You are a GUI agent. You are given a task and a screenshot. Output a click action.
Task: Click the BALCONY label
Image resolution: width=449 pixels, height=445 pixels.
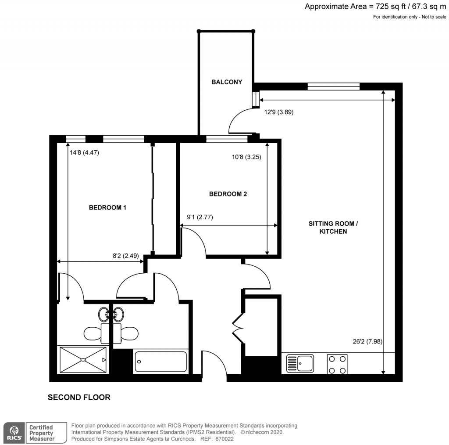click(x=226, y=82)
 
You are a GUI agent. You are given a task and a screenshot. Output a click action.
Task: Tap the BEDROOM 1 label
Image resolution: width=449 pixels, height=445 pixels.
click(x=107, y=207)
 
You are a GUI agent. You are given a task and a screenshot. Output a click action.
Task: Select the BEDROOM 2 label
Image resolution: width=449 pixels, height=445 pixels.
click(x=228, y=194)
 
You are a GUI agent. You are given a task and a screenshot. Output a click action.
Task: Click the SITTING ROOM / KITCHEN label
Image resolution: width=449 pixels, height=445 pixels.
click(x=333, y=227)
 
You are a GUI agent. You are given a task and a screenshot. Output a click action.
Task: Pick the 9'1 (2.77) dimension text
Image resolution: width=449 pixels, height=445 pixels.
click(x=200, y=217)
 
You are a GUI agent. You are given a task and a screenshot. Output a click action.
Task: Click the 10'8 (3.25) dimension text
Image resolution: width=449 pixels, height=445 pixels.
click(x=247, y=156)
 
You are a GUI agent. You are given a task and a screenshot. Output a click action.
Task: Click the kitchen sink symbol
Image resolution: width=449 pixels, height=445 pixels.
click(x=300, y=363)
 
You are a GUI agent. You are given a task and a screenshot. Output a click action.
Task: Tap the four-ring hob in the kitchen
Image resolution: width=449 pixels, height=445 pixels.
click(x=337, y=364)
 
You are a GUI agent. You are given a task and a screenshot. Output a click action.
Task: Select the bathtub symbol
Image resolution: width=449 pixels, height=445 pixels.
click(x=160, y=361)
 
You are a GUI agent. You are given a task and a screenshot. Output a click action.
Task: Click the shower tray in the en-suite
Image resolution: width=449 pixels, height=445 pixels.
click(x=82, y=359)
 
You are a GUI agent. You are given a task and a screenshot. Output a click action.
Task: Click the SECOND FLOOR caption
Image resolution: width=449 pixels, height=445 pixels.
click(x=79, y=398)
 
